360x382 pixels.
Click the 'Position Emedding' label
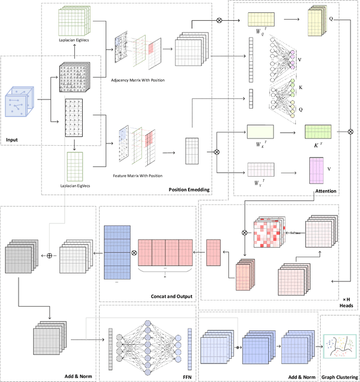pyautogui.click(x=190, y=190)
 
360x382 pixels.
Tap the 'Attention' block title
pyautogui.click(x=325, y=191)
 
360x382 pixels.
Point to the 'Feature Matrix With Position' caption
pyautogui.click(x=138, y=176)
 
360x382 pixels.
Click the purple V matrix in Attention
pyautogui.click(x=316, y=171)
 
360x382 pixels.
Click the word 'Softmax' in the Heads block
pyautogui.click(x=294, y=231)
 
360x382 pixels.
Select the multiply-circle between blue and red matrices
pyautogui.click(x=133, y=253)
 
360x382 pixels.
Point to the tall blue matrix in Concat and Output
pyautogui.click(x=116, y=253)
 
